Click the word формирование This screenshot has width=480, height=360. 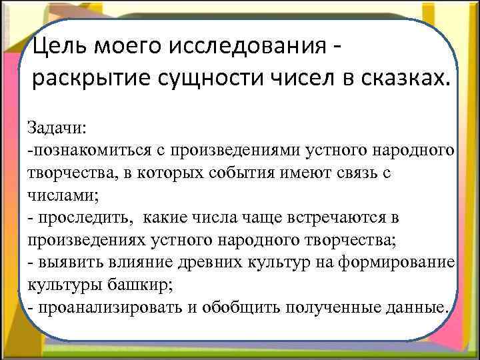(394, 261)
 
